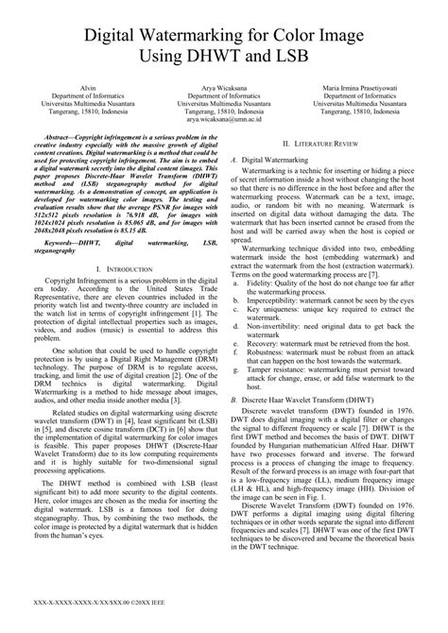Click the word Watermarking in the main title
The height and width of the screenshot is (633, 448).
[x=186, y=36]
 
